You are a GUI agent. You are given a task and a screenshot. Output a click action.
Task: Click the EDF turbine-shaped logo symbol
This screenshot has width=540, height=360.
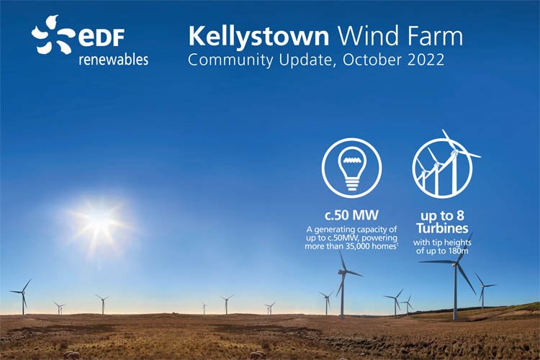(x=53, y=35)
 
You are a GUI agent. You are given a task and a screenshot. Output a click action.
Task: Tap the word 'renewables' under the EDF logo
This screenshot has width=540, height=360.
(x=114, y=60)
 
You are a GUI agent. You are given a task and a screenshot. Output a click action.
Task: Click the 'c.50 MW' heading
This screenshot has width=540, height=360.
(x=351, y=216)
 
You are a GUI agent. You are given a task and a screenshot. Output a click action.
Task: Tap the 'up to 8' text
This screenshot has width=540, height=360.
(x=443, y=216)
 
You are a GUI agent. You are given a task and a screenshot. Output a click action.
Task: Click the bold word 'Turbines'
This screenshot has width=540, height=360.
(x=442, y=228)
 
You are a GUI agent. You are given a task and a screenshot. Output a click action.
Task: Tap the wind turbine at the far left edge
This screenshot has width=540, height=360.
(x=23, y=293)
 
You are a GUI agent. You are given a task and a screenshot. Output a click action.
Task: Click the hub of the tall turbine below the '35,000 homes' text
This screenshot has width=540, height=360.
(x=343, y=272)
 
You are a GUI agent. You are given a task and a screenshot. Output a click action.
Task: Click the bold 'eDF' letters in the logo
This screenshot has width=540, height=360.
(x=102, y=37)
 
